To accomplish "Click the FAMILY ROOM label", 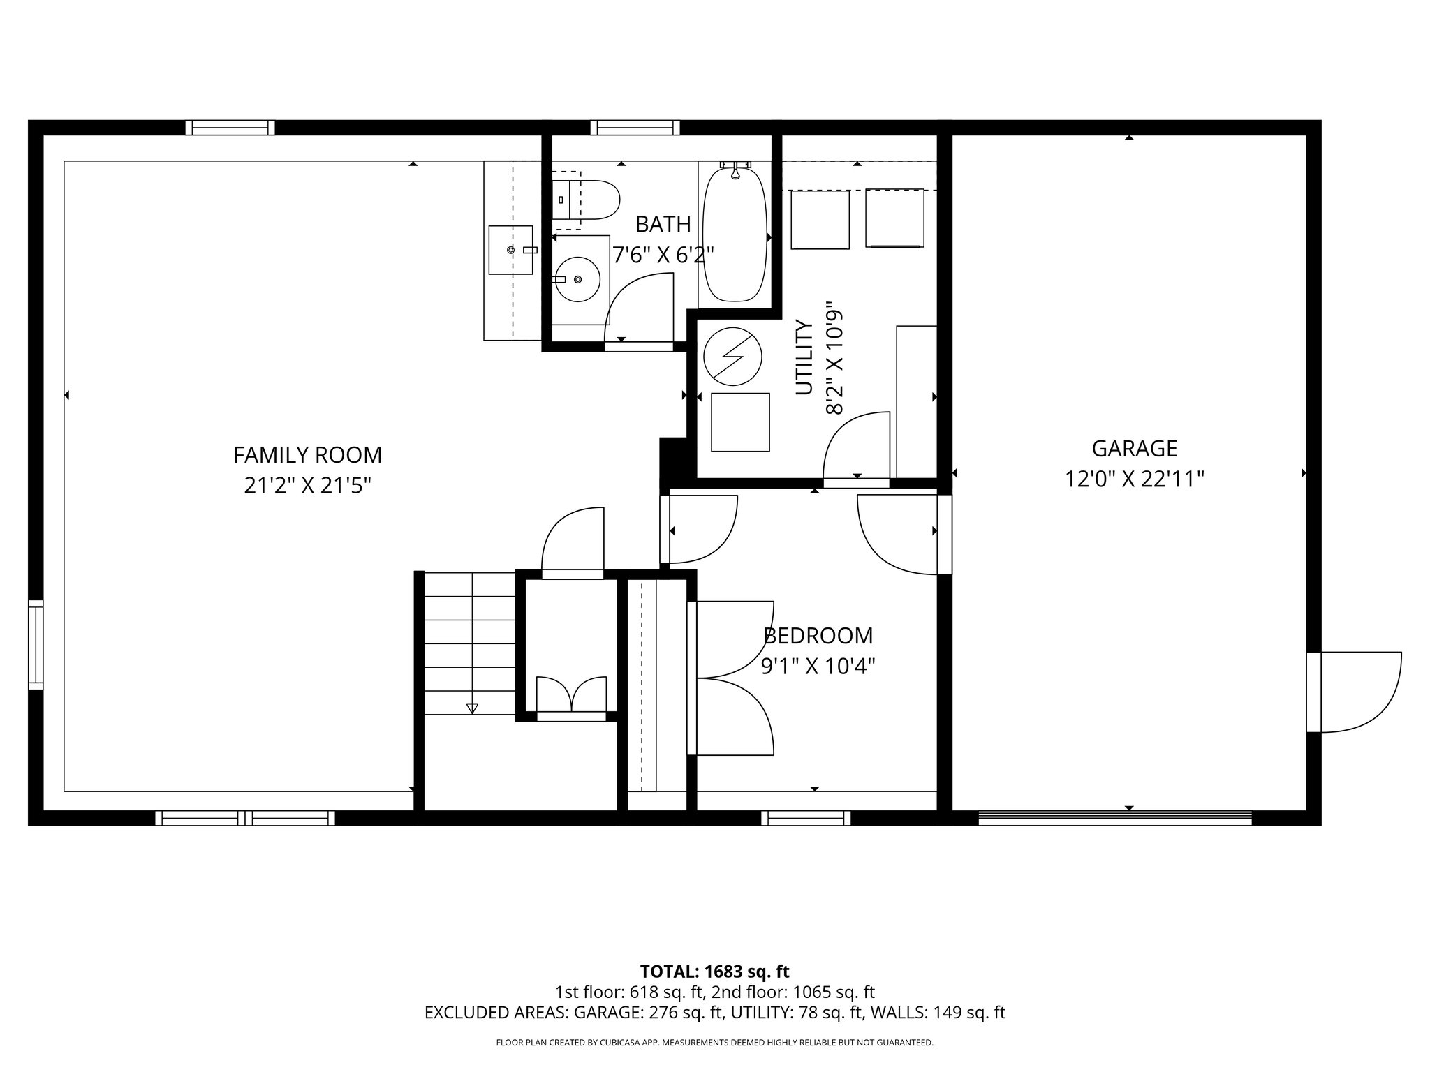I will (307, 455).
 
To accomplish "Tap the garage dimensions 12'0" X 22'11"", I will (1134, 479).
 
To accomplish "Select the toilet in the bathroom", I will (587, 200).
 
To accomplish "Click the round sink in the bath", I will (577, 279).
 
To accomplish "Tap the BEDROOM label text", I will (818, 636).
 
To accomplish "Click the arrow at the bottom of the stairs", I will (472, 708).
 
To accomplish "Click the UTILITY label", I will (804, 357).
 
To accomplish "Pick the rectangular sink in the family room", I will (510, 250).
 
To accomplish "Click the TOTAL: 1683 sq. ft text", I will (714, 971).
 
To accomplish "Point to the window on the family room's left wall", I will (36, 644).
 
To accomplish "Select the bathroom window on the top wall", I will (634, 128).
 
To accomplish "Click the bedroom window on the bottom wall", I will (805, 818).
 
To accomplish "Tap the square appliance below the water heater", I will (740, 422).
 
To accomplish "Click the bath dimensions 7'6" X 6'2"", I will (663, 255).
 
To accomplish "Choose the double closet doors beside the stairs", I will (571, 694).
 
